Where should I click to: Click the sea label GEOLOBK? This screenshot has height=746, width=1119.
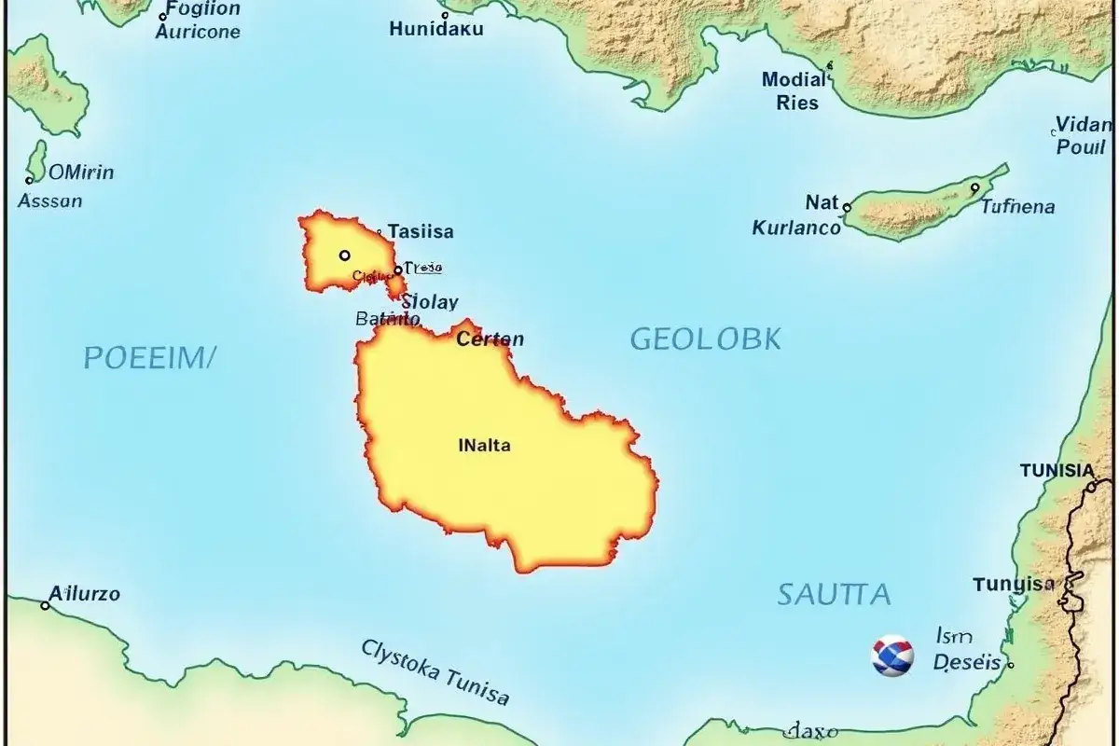pyautogui.click(x=705, y=339)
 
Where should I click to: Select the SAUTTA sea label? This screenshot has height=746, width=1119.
pyautogui.click(x=834, y=594)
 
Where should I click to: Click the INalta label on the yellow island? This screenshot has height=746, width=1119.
pyautogui.click(x=485, y=446)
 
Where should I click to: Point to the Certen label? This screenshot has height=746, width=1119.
pyautogui.click(x=490, y=339)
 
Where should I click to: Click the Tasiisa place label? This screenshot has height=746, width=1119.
pyautogui.click(x=421, y=232)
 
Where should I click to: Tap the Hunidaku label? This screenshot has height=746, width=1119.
pyautogui.click(x=436, y=29)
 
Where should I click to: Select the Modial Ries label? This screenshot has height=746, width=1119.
pyautogui.click(x=794, y=90)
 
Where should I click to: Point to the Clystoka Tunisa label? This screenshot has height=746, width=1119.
pyautogui.click(x=435, y=671)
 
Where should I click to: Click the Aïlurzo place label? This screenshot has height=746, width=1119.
pyautogui.click(x=85, y=593)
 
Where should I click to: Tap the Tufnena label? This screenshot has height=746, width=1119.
pyautogui.click(x=1017, y=206)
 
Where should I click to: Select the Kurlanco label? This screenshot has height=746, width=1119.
pyautogui.click(x=796, y=227)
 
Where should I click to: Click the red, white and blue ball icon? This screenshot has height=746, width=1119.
pyautogui.click(x=891, y=656)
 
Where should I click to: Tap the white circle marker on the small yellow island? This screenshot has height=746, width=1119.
pyautogui.click(x=345, y=255)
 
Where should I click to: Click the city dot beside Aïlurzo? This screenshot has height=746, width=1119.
pyautogui.click(x=45, y=605)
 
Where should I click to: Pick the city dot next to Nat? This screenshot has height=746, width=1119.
pyautogui.click(x=847, y=207)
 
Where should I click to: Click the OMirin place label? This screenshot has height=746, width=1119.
pyautogui.click(x=81, y=172)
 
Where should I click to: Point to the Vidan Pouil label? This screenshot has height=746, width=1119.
pyautogui.click(x=1082, y=136)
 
